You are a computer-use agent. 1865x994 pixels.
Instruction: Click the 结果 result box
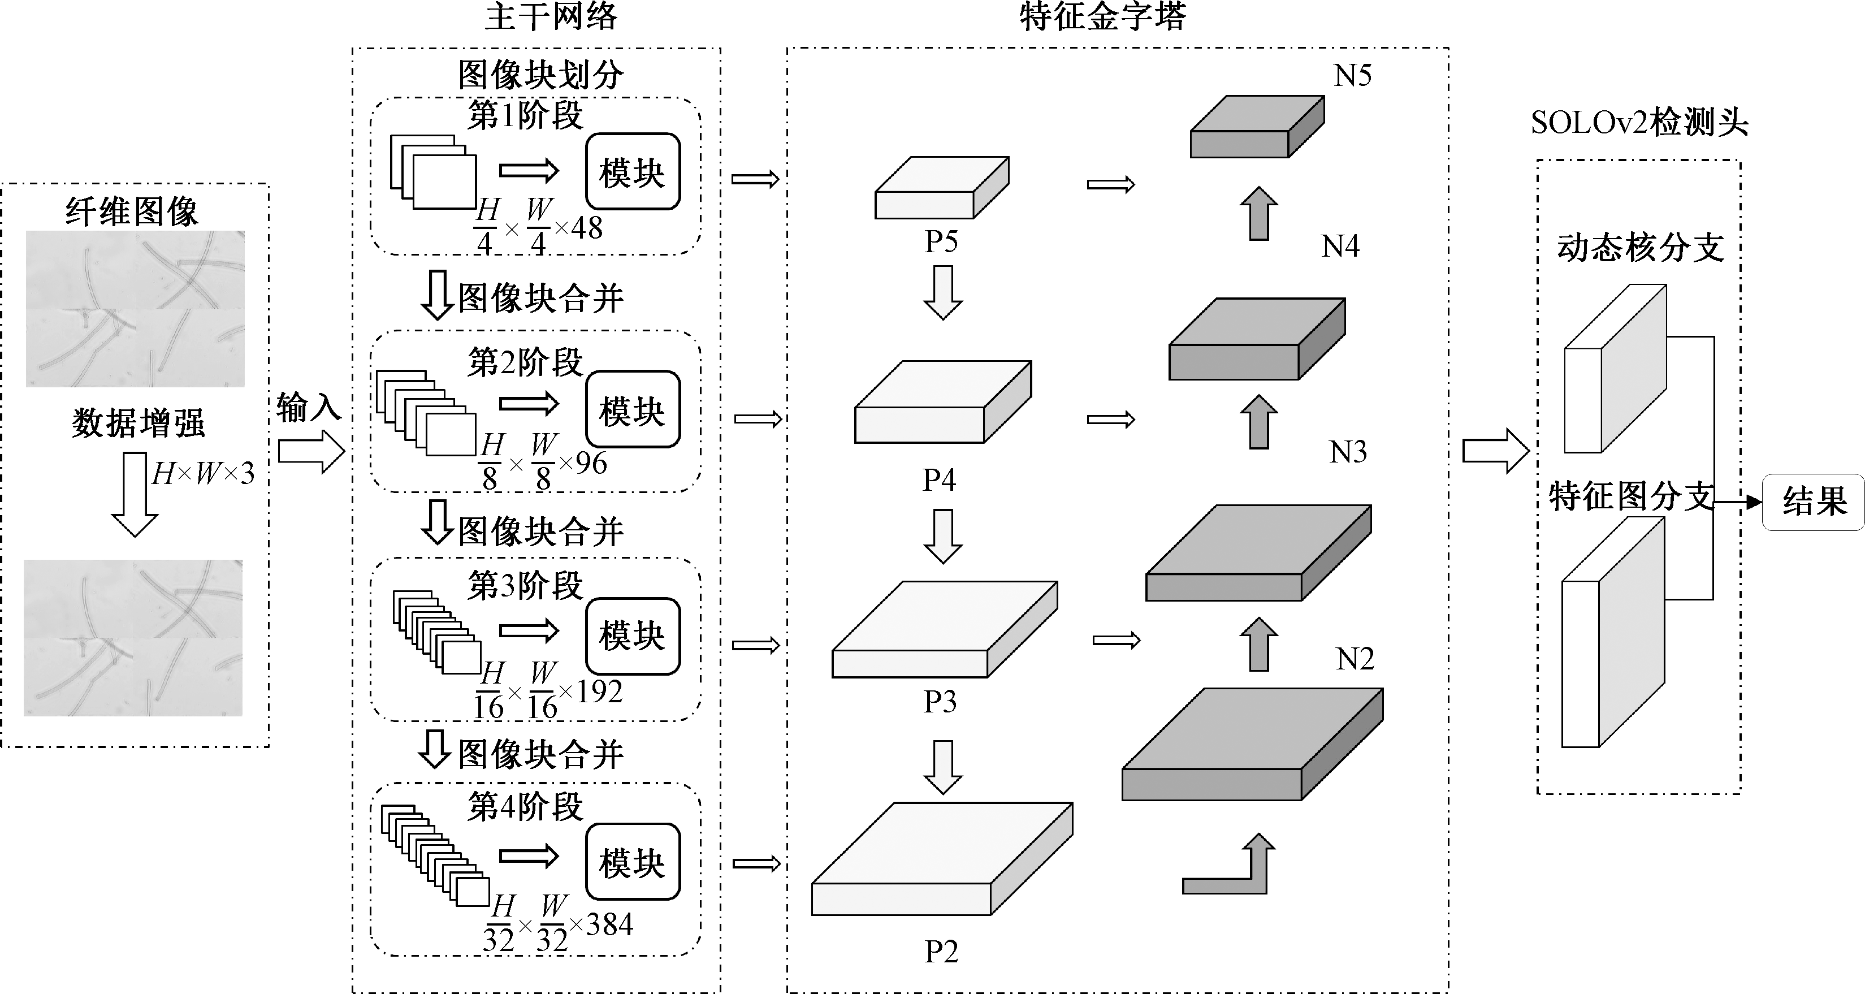1814,502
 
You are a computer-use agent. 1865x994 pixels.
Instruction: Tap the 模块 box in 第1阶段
632,171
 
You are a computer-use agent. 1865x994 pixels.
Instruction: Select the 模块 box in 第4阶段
632,862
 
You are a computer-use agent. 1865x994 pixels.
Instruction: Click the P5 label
941,241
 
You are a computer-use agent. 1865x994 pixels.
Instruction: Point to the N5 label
1352,75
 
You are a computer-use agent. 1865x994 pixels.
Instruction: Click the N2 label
1355,659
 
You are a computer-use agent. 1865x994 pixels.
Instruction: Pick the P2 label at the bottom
941,951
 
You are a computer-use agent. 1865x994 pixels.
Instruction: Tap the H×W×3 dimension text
204,473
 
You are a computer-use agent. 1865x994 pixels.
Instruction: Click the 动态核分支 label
1641,248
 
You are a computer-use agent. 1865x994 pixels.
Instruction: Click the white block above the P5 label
941,188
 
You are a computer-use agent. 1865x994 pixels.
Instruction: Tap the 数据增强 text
137,423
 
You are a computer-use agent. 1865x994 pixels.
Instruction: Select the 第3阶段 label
525,585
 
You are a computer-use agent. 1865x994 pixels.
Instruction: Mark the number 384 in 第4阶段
609,924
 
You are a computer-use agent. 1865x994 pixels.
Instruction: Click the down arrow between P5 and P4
942,292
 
